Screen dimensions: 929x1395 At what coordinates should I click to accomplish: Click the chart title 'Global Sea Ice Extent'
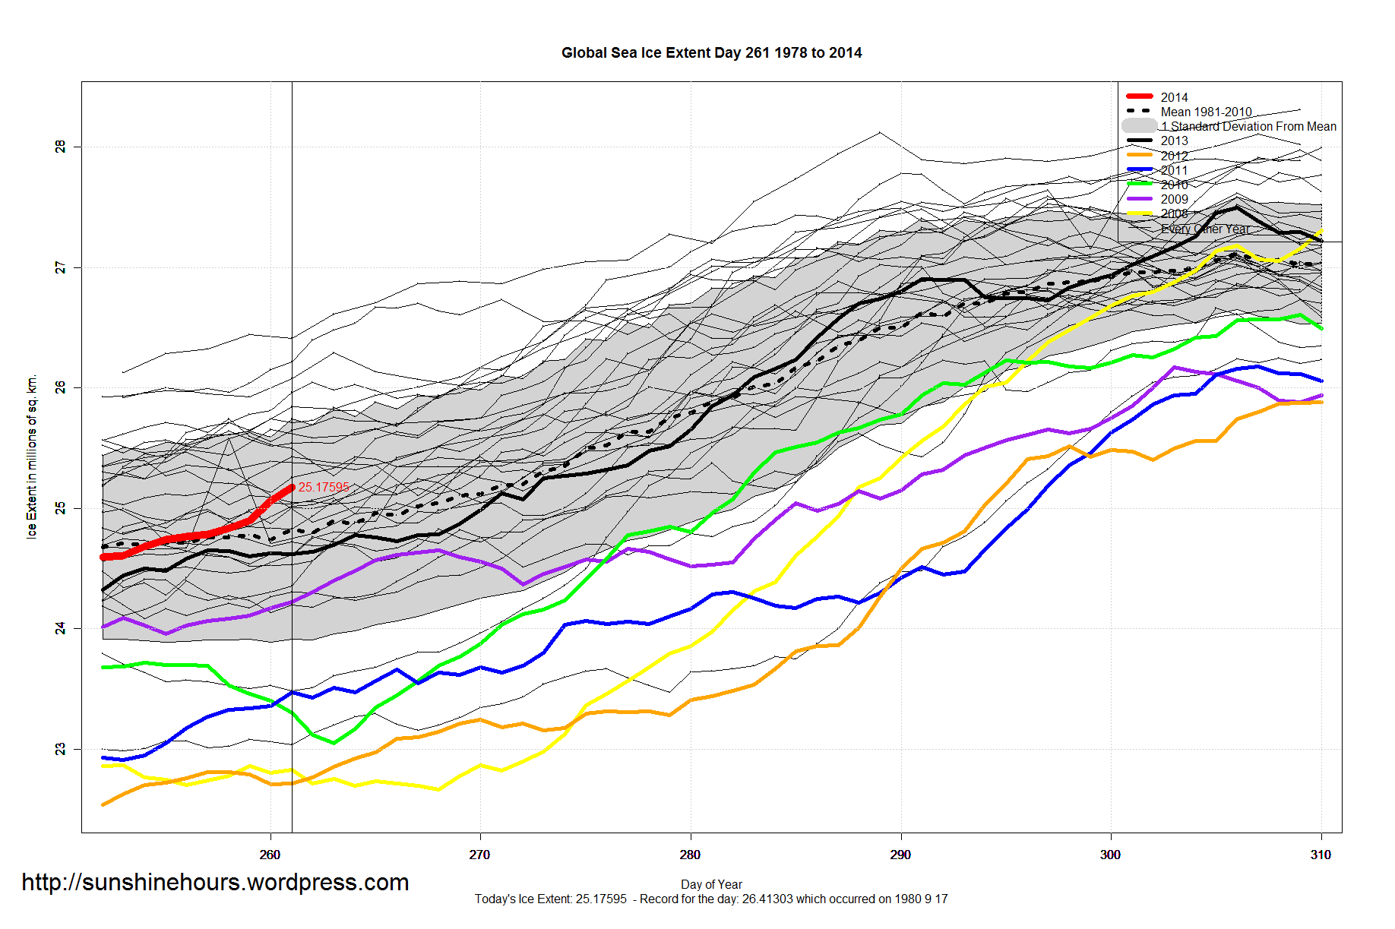(711, 53)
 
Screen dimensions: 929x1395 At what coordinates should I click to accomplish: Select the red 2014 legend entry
(1174, 97)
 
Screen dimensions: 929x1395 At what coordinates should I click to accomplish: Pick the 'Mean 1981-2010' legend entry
(1206, 112)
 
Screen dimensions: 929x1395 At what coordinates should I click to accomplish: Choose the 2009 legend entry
(1174, 199)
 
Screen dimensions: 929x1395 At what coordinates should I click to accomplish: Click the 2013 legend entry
(1174, 141)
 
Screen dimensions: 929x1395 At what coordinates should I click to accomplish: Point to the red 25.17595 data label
(324, 487)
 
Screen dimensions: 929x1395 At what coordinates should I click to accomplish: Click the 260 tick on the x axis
(270, 855)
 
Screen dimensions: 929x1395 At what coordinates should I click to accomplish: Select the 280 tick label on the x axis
(690, 855)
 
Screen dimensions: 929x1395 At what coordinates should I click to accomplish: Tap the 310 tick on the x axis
(1321, 855)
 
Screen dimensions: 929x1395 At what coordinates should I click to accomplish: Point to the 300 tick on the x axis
(1110, 855)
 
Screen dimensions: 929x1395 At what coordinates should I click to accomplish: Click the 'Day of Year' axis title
(711, 884)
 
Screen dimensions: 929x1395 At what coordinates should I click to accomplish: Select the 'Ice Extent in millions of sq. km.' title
(32, 457)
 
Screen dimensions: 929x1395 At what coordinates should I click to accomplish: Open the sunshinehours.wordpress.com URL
(215, 882)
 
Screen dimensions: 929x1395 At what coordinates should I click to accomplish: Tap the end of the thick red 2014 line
(291, 487)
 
